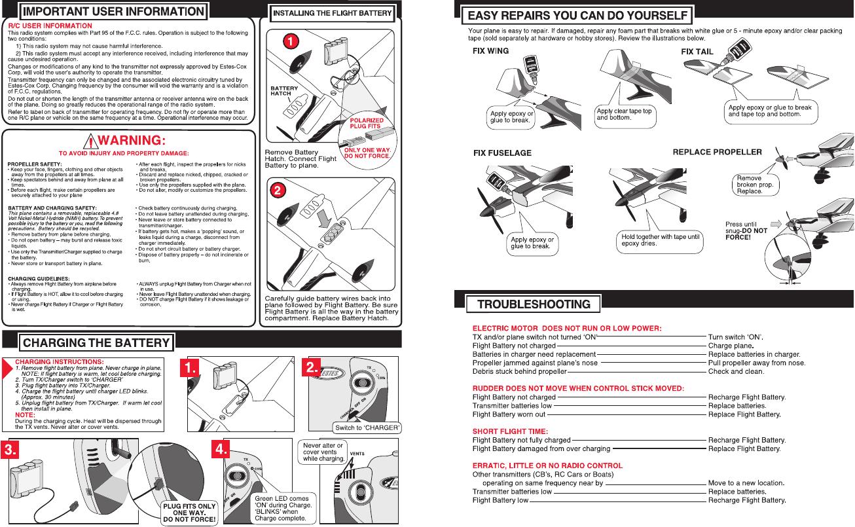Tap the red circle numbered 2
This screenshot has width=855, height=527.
[x=278, y=191]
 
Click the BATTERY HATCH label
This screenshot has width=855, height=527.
[x=284, y=91]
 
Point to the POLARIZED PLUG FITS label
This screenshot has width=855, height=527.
[x=367, y=124]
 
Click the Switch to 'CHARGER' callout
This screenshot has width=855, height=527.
[x=367, y=428]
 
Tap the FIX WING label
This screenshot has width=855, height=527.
[x=490, y=51]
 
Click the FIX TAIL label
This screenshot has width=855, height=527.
[x=697, y=51]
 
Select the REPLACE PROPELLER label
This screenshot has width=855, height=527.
[x=718, y=153]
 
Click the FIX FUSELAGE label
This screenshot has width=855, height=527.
[x=502, y=153]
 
